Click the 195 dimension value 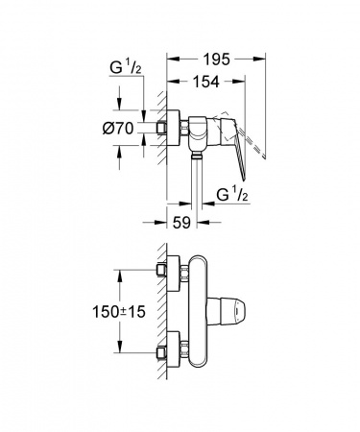(x=217, y=60)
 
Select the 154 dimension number (x=206, y=82)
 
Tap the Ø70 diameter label (x=117, y=129)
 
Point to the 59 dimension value (x=181, y=223)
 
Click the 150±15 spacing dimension (x=119, y=312)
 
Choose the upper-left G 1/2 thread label (x=126, y=68)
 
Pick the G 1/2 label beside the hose (x=232, y=195)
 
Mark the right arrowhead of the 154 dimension (x=239, y=82)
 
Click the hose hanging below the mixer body (x=197, y=180)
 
